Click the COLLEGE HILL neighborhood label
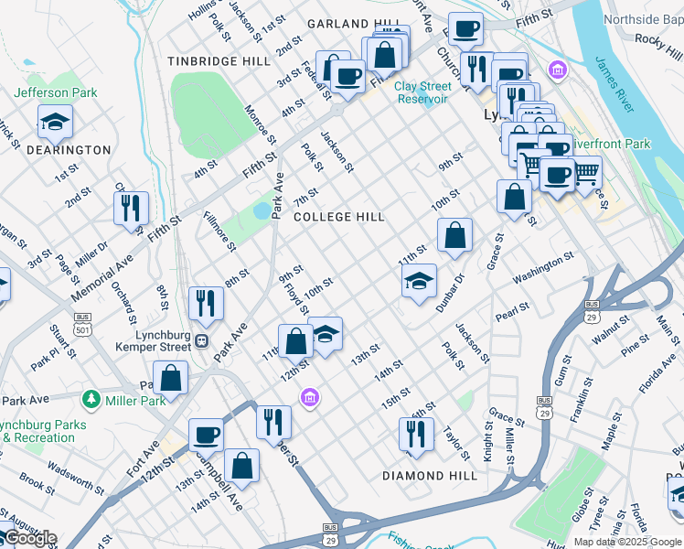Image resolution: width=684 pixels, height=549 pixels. coord(338,217)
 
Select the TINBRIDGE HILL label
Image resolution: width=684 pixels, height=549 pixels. coord(219,61)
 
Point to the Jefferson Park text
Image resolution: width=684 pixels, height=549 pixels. coord(55,92)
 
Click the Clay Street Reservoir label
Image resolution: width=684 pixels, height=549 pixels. coord(422,92)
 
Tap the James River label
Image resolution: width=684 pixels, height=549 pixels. coord(615,83)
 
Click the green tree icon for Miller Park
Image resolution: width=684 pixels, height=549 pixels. coord(91,399)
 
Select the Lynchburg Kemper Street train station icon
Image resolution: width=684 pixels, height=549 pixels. coord(201,341)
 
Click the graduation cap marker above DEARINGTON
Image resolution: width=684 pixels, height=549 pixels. coord(56,121)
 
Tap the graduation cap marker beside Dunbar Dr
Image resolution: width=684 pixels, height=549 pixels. coord(419,281)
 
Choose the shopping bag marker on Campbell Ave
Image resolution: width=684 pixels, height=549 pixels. coord(241,465)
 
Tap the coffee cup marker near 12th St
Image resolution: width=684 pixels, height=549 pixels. coord(206,435)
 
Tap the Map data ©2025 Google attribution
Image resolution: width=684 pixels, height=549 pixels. coord(626,542)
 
